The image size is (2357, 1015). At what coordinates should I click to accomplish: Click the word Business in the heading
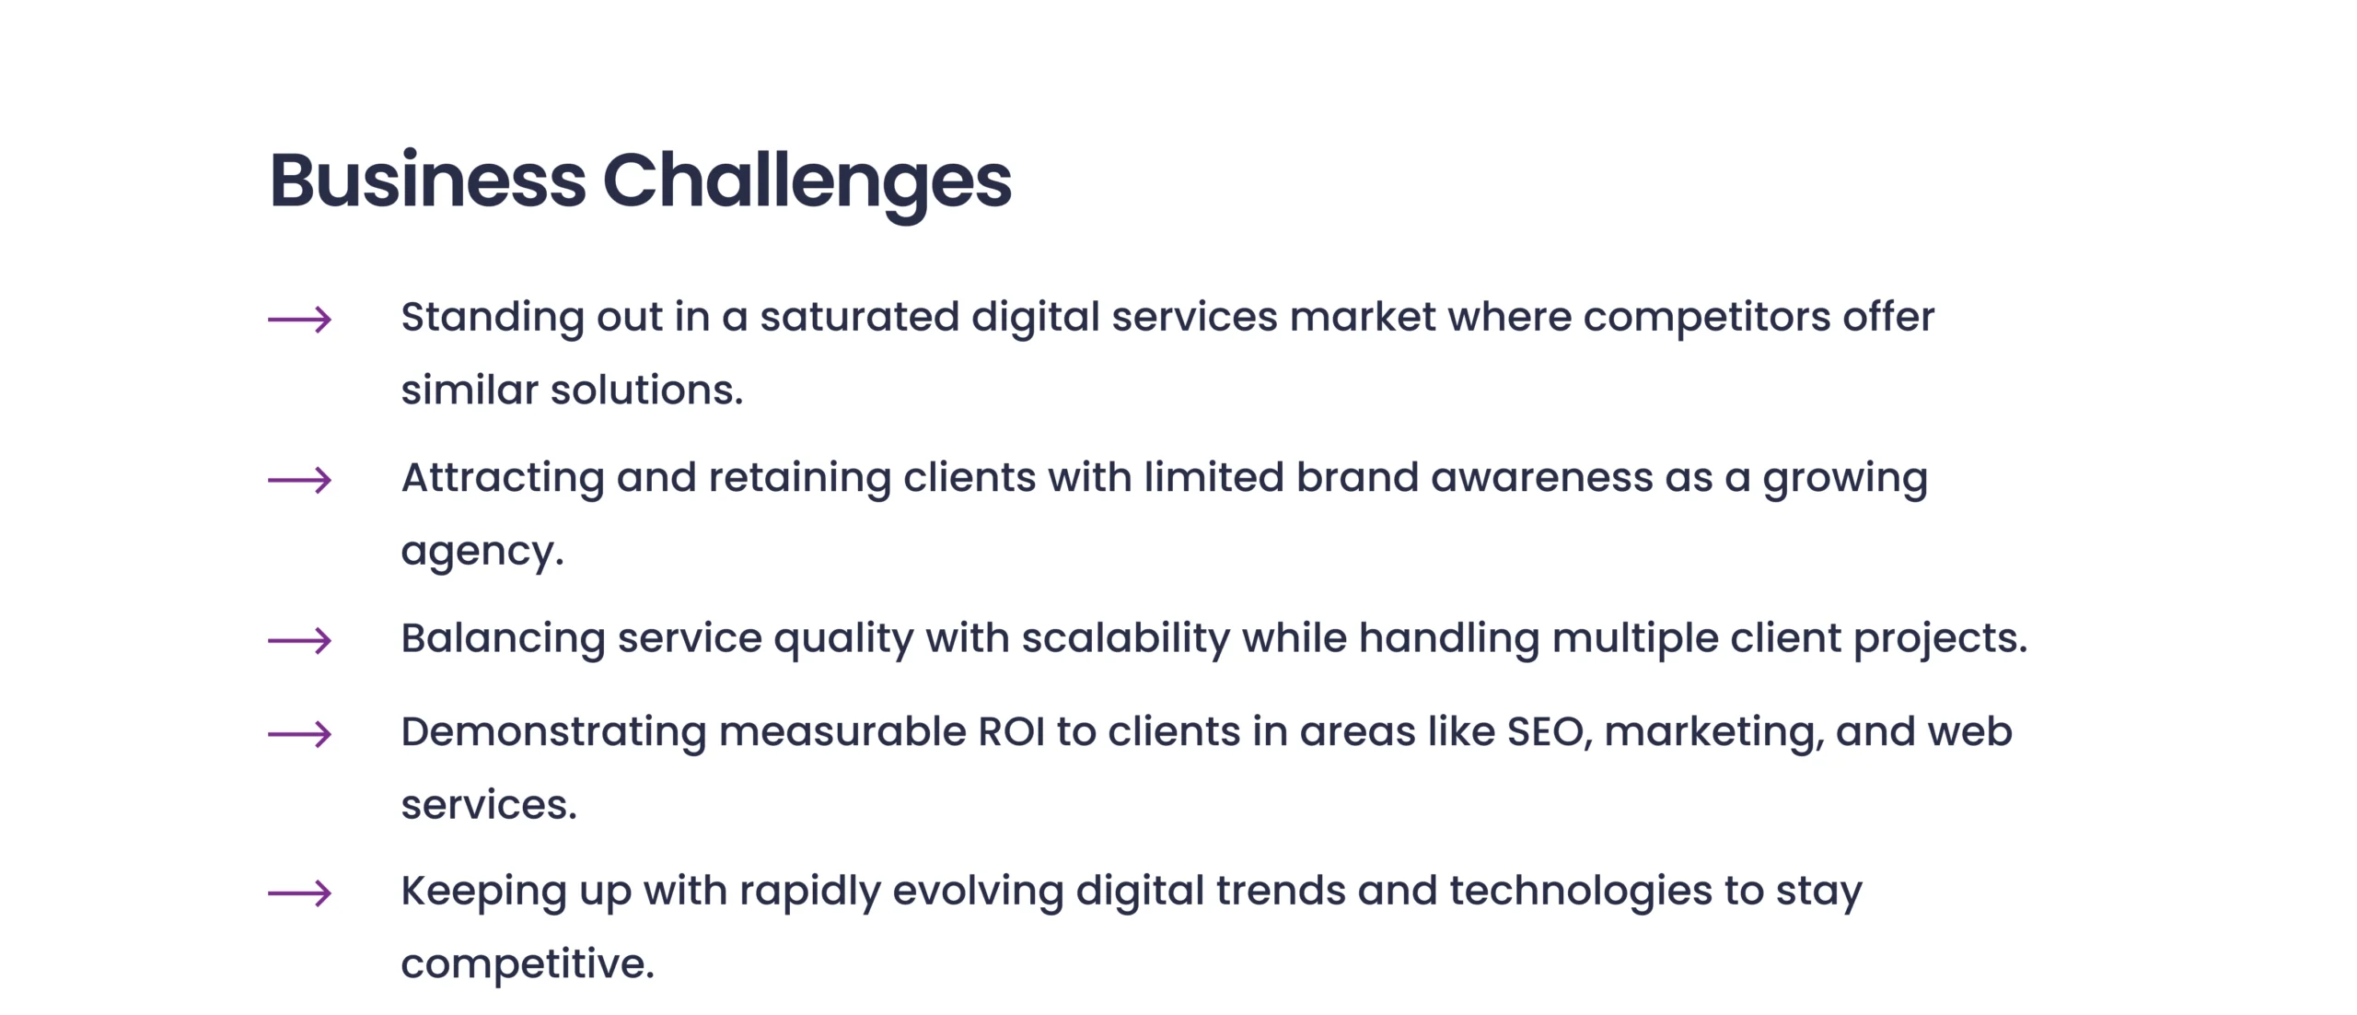point(428,180)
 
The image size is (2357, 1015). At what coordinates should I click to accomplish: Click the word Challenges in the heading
point(807,185)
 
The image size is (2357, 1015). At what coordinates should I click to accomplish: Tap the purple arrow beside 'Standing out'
point(300,320)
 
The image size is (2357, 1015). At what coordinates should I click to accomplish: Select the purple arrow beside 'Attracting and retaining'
point(300,480)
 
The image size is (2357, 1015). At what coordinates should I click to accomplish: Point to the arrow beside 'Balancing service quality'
point(300,640)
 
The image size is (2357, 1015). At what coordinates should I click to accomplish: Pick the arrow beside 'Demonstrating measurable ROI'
point(300,734)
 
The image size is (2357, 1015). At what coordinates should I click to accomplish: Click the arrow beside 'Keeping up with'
point(300,892)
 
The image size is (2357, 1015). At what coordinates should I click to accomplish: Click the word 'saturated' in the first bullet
point(859,317)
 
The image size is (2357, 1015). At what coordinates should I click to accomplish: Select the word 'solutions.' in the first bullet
point(646,390)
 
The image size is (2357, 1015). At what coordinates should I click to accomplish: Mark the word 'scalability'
point(1125,639)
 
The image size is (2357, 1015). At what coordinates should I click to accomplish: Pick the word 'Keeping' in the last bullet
point(484,892)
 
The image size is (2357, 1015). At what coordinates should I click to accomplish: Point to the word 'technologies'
point(1581,892)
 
